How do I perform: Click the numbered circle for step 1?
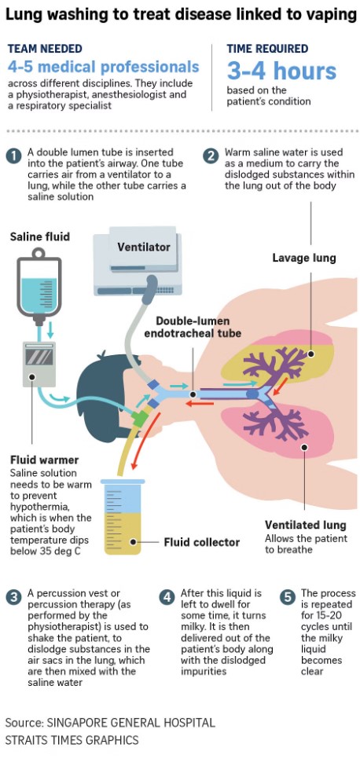(x=13, y=156)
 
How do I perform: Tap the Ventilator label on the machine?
(x=143, y=247)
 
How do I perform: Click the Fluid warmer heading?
(x=45, y=460)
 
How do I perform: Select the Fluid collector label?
(x=202, y=542)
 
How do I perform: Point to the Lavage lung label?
(x=304, y=258)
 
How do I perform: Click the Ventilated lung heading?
(x=306, y=525)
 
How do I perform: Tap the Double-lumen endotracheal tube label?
(x=198, y=328)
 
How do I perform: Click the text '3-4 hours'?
(x=281, y=71)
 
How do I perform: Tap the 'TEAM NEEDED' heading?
(x=45, y=49)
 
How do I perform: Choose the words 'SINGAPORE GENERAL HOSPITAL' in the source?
(x=130, y=723)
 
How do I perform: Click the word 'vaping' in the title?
(x=331, y=16)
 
